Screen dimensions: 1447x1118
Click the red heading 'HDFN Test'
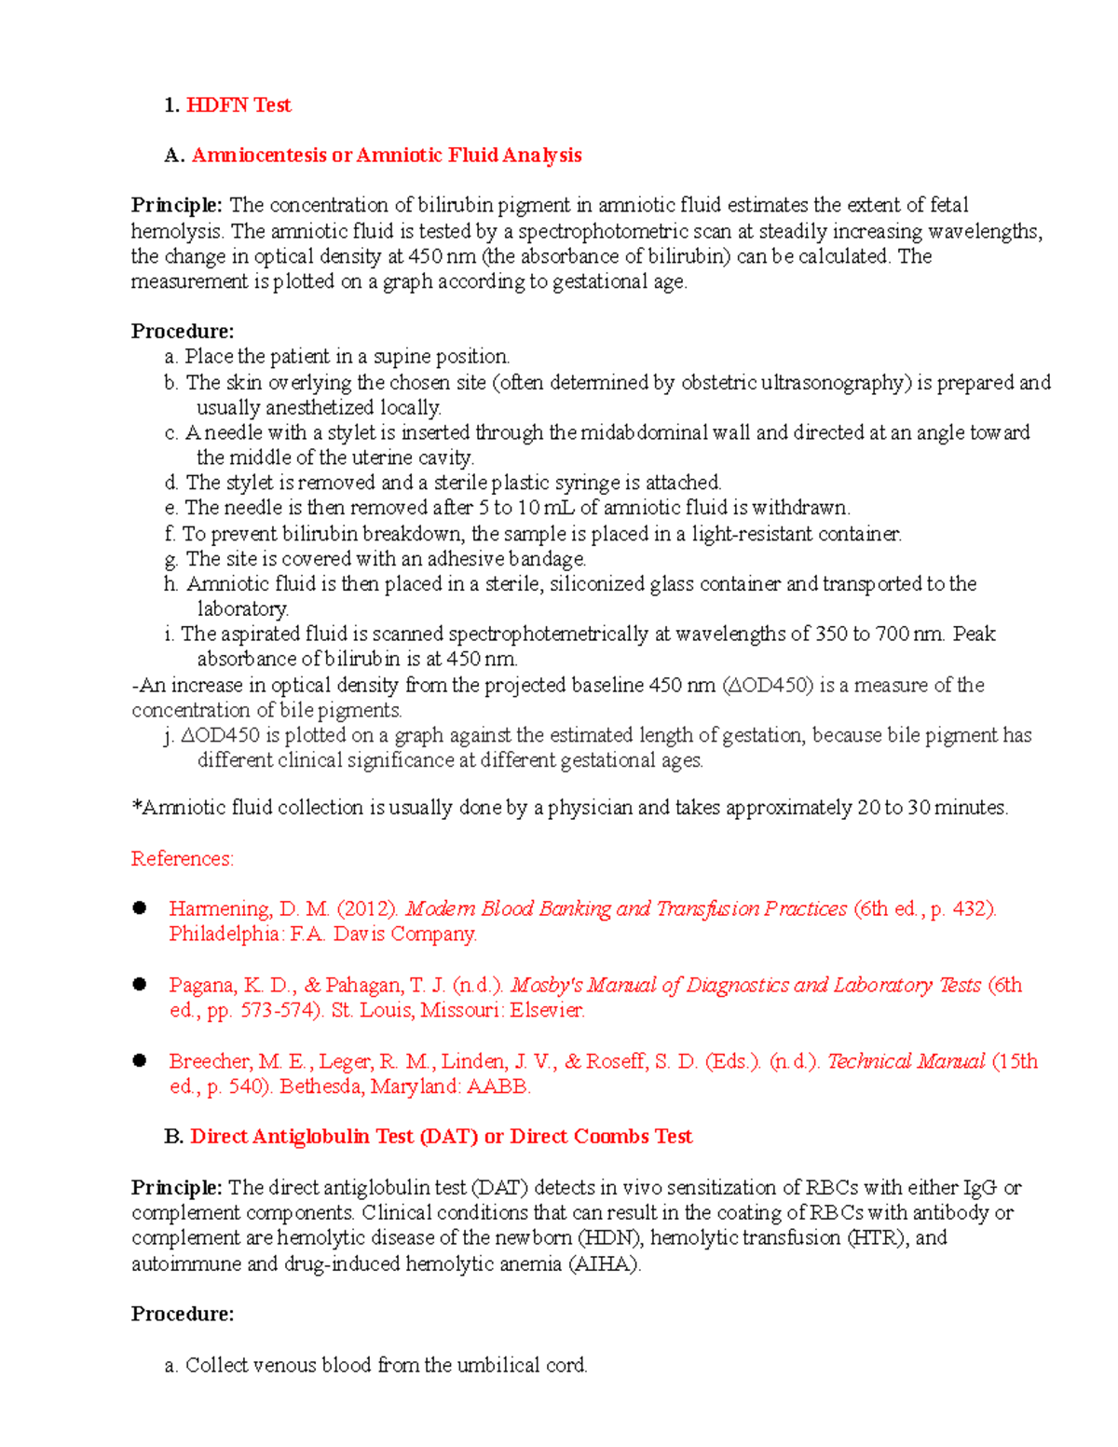(239, 105)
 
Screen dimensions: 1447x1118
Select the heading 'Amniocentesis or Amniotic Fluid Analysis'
(387, 156)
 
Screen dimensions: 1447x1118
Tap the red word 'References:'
(182, 858)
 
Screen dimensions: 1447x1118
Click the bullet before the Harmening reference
(140, 908)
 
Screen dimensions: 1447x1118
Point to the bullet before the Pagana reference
(140, 984)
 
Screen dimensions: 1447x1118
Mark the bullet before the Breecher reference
(140, 1060)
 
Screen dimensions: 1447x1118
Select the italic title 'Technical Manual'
(905, 1061)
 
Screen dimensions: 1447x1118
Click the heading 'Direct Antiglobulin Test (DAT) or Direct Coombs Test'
(441, 1137)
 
